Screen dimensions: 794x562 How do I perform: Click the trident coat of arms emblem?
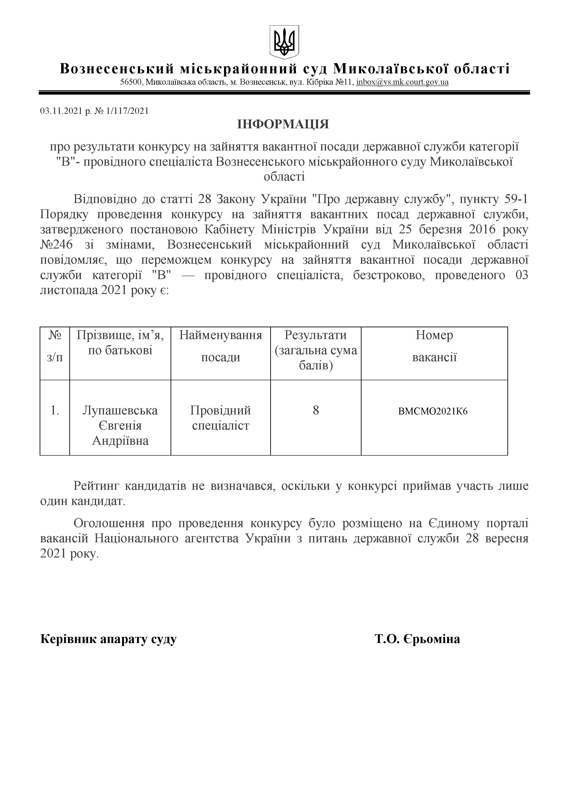[x=284, y=42]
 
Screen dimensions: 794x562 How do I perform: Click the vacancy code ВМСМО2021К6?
[x=433, y=411]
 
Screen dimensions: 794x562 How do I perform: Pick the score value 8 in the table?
[x=316, y=411]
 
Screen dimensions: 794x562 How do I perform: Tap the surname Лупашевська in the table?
[x=120, y=411]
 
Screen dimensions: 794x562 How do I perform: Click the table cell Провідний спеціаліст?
[x=220, y=418]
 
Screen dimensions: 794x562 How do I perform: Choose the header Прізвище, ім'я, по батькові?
[x=120, y=343]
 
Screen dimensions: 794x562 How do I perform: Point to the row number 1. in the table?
[x=55, y=411]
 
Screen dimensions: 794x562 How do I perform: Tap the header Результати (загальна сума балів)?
[x=316, y=350]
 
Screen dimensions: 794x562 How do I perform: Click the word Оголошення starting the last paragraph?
[x=109, y=523]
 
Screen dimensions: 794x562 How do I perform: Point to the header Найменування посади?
[x=220, y=346]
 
